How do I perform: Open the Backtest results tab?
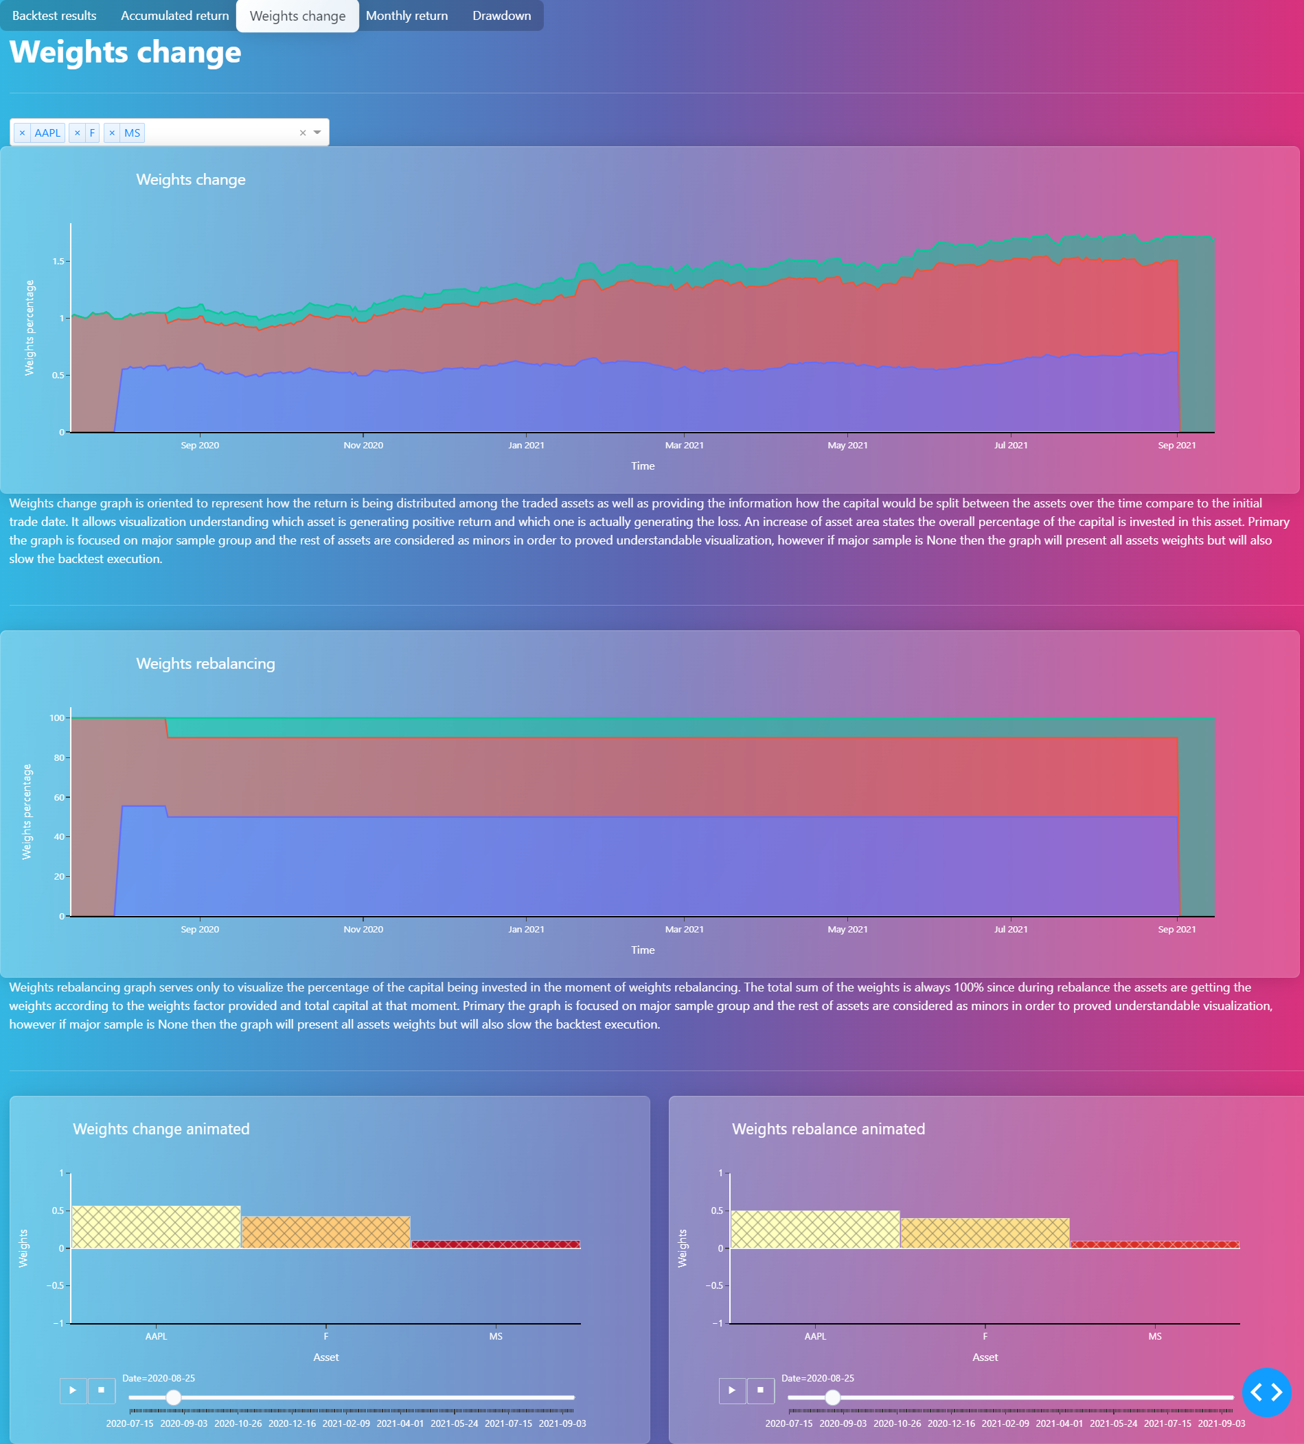(x=54, y=16)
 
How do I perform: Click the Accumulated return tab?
(x=175, y=16)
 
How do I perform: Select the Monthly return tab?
(x=407, y=16)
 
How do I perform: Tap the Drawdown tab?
(x=501, y=16)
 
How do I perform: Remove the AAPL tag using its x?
(x=22, y=133)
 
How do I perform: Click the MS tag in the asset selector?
(x=132, y=133)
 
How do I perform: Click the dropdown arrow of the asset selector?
(x=317, y=133)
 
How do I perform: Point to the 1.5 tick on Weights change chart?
(x=58, y=262)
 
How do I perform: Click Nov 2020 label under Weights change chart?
(x=363, y=446)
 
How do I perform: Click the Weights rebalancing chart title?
(x=205, y=664)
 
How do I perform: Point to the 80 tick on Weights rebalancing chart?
(x=59, y=758)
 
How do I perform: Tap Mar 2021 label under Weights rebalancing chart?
(x=684, y=930)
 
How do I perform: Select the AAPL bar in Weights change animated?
(x=156, y=1228)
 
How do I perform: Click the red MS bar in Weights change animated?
(x=496, y=1244)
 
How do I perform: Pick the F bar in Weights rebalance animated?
(x=985, y=1233)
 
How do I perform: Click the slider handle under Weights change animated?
(x=174, y=1397)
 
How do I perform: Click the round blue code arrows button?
(x=1266, y=1393)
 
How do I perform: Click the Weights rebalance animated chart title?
(x=828, y=1130)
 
